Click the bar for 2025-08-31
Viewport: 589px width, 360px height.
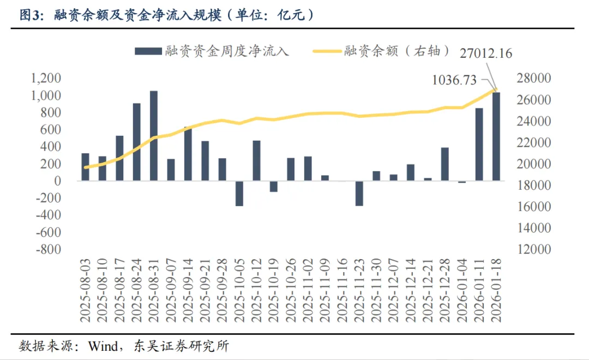(154, 135)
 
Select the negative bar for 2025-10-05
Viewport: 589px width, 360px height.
(239, 193)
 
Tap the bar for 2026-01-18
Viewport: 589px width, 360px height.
(496, 136)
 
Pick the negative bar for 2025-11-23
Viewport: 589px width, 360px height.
(359, 193)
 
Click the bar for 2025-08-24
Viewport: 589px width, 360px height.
(136, 142)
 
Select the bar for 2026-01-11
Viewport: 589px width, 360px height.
(479, 144)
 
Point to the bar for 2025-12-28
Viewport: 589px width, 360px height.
(444, 164)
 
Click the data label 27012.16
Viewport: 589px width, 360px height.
(485, 53)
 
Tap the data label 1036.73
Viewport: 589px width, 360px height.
(454, 80)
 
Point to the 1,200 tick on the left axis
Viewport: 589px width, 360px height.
(46, 79)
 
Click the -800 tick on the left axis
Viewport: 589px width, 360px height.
(48, 249)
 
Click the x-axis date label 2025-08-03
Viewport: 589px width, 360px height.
(86, 292)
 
